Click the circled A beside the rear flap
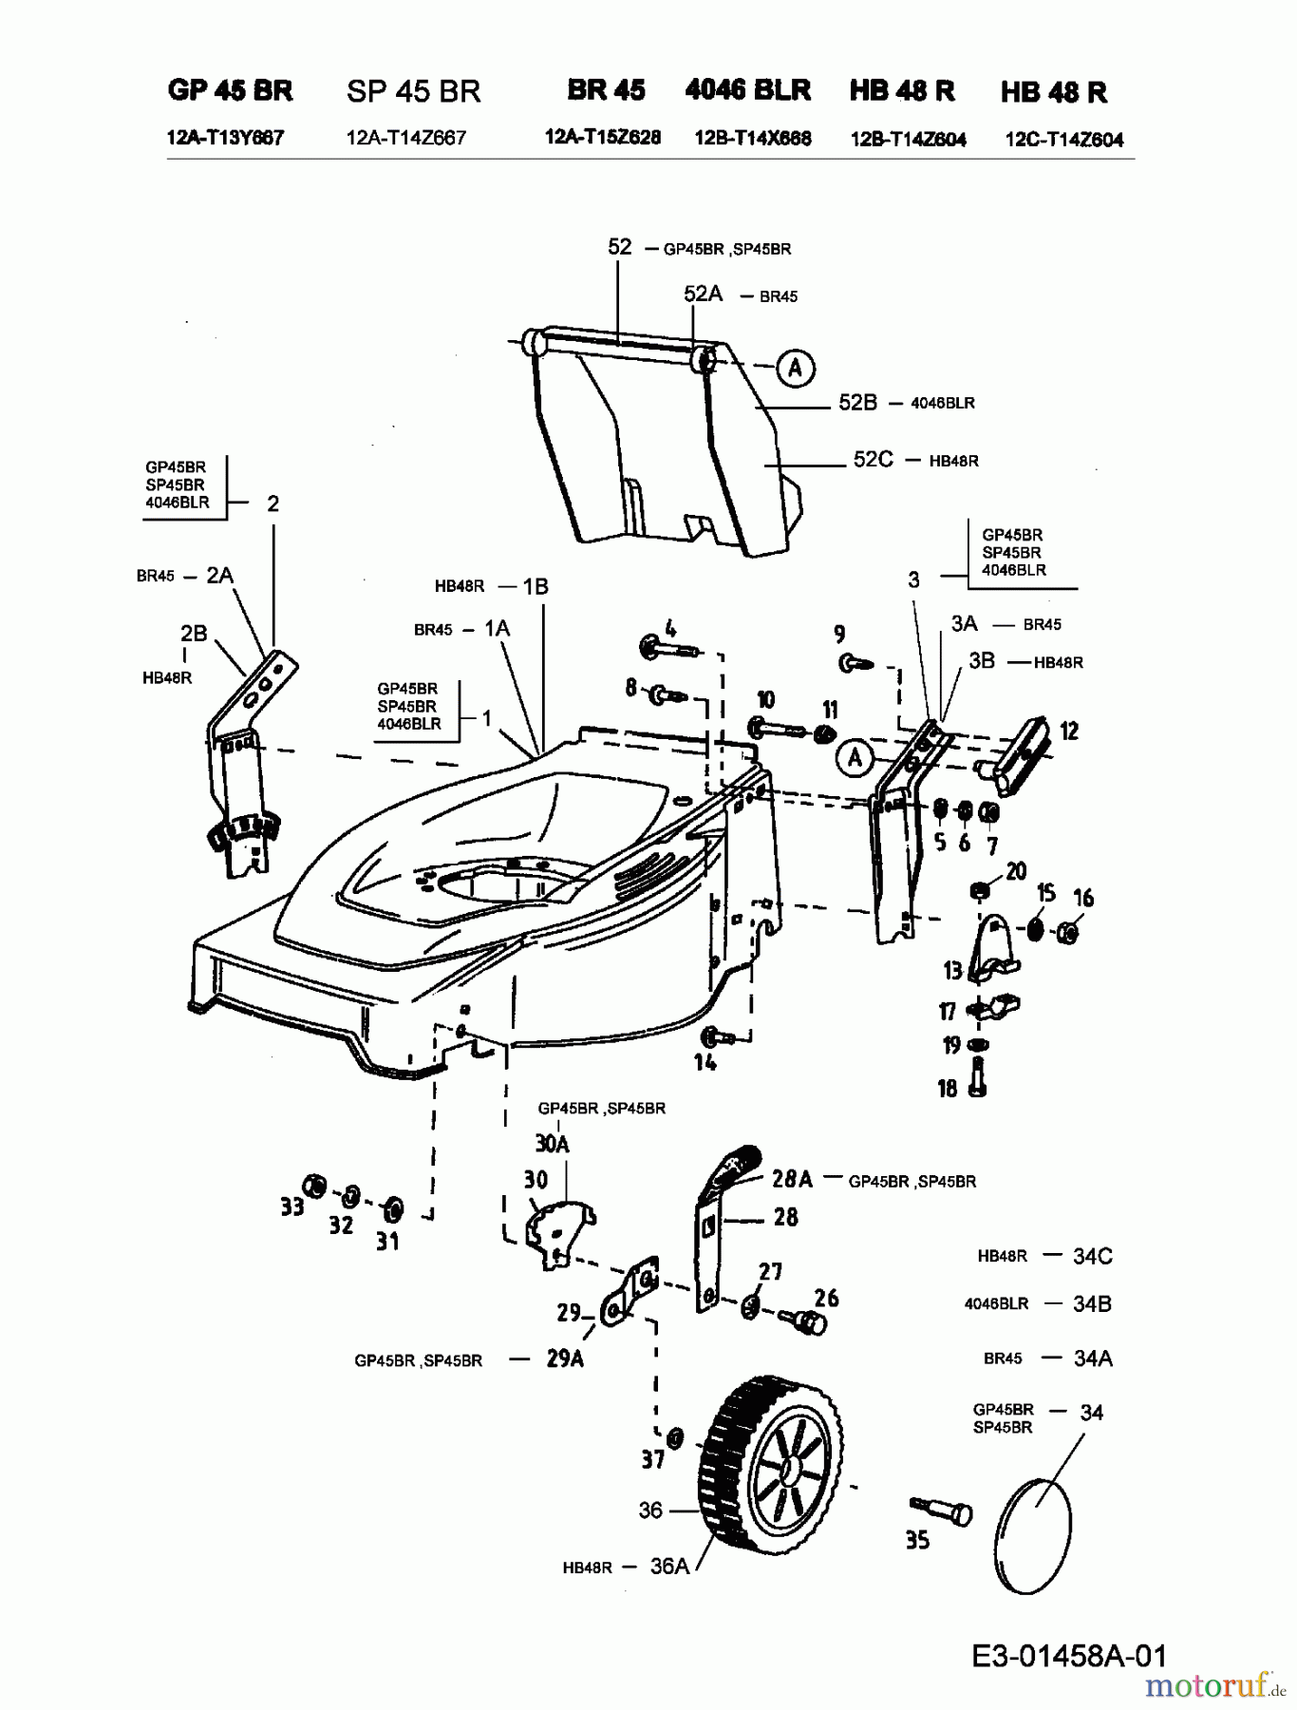pyautogui.click(x=796, y=368)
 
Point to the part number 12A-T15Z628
pyautogui.click(x=603, y=137)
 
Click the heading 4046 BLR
pyautogui.click(x=748, y=90)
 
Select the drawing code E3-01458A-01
pyautogui.click(x=1069, y=1656)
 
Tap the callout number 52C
pyautogui.click(x=873, y=460)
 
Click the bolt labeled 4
pyautogui.click(x=669, y=648)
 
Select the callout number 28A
pyautogui.click(x=792, y=1179)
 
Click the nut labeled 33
pyautogui.click(x=313, y=1186)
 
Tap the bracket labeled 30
pyautogui.click(x=560, y=1231)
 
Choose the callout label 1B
pyautogui.click(x=536, y=587)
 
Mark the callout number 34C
pyautogui.click(x=1092, y=1256)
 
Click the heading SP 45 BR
pyautogui.click(x=414, y=91)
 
